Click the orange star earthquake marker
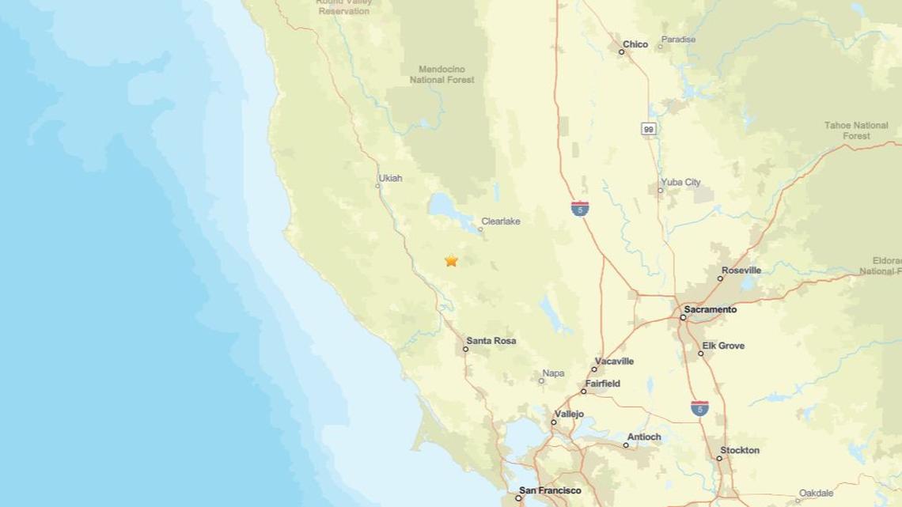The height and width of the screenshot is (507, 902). pyautogui.click(x=451, y=260)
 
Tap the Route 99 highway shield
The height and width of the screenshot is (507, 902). pyautogui.click(x=649, y=129)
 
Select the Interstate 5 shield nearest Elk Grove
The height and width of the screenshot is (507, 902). pyautogui.click(x=699, y=408)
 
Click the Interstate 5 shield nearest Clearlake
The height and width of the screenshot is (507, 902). pyautogui.click(x=580, y=209)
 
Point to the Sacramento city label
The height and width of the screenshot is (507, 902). pyautogui.click(x=710, y=309)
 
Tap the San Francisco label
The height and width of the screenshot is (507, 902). pyautogui.click(x=549, y=490)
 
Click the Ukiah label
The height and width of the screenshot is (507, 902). pyautogui.click(x=390, y=178)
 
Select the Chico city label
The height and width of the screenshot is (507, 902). pyautogui.click(x=635, y=44)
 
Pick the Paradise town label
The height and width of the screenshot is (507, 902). pyautogui.click(x=678, y=40)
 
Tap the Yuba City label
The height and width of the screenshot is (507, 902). pyautogui.click(x=680, y=182)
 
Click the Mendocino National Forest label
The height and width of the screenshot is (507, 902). pyautogui.click(x=442, y=74)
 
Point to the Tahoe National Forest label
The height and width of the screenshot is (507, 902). pyautogui.click(x=856, y=131)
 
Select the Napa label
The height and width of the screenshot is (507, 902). pyautogui.click(x=553, y=373)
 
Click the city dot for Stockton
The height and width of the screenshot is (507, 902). pyautogui.click(x=720, y=458)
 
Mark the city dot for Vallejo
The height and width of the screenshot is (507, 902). pyautogui.click(x=554, y=422)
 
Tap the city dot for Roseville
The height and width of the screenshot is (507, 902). pyautogui.click(x=720, y=278)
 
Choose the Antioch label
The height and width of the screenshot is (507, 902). pyautogui.click(x=643, y=437)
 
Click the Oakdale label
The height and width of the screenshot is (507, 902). pyautogui.click(x=816, y=494)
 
